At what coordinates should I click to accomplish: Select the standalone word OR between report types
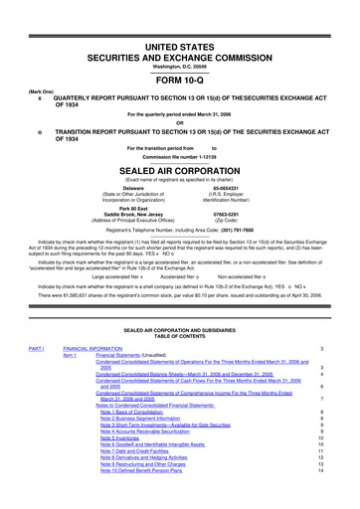(179, 123)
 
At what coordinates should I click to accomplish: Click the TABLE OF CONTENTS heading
(179, 337)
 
